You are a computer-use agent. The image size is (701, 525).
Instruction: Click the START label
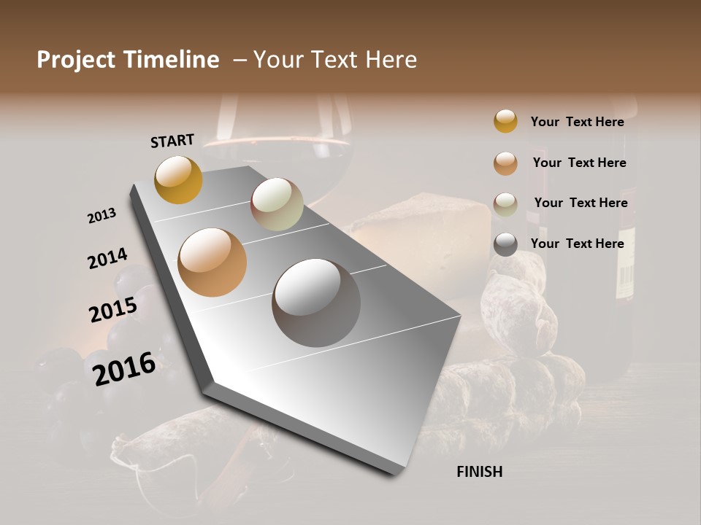tap(172, 141)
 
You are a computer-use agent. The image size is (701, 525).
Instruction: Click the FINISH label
tap(479, 472)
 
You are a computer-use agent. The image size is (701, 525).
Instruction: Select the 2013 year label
tap(101, 216)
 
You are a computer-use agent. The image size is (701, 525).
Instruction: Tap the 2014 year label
tap(107, 259)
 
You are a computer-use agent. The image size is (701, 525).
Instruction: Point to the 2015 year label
tap(113, 310)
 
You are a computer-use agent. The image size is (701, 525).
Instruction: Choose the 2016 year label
tap(124, 369)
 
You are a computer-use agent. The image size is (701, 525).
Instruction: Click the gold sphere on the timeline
tap(178, 179)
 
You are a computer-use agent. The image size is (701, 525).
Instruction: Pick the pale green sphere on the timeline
tap(277, 204)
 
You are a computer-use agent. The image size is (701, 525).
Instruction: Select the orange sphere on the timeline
tap(212, 262)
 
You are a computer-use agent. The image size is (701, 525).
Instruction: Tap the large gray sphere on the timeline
tap(316, 303)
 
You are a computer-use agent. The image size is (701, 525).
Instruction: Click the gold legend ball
tap(505, 121)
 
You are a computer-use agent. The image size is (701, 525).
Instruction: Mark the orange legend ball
tap(505, 163)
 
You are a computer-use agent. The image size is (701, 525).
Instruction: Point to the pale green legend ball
tap(505, 203)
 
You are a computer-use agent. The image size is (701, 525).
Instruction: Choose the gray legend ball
tap(505, 244)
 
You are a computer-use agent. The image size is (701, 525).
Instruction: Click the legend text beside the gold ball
tap(577, 122)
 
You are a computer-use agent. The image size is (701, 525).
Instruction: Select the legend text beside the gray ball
tap(577, 244)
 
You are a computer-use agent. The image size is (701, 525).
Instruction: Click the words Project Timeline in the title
tap(128, 60)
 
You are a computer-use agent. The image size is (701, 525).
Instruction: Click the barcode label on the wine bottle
tap(625, 279)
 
